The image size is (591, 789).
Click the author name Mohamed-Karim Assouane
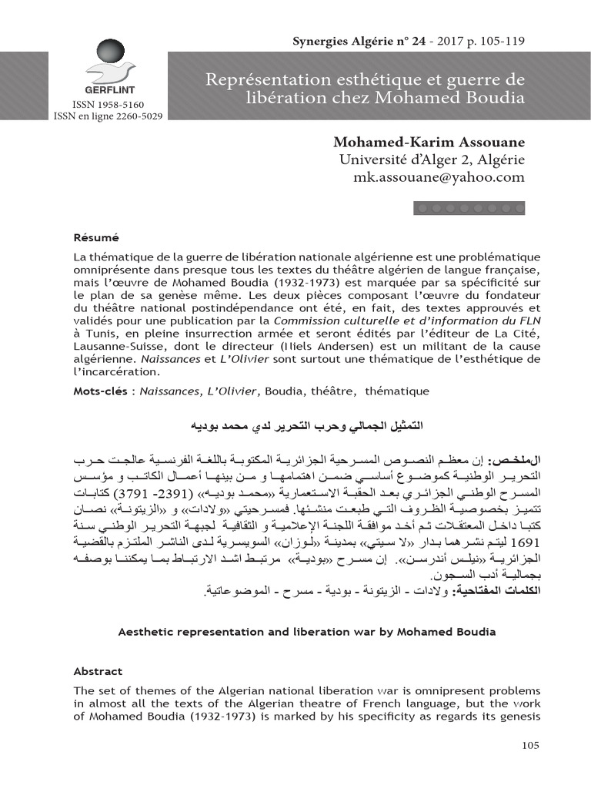429,143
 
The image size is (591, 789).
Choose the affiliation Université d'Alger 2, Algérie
432,159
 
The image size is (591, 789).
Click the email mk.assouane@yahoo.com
439,177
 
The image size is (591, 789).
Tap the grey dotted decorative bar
469,207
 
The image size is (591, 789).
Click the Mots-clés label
100,391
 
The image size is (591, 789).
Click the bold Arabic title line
306,425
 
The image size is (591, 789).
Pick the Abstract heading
98,670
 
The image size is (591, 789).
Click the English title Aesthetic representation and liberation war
306,632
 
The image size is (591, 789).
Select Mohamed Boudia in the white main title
460,99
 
